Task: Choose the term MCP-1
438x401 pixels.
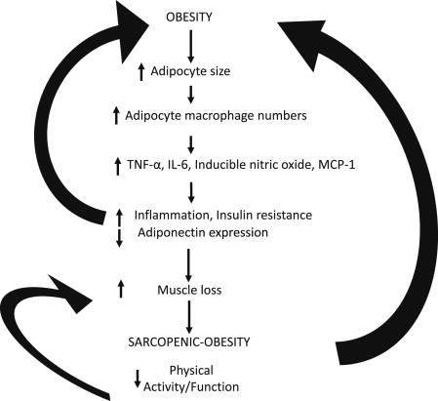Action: pyautogui.click(x=308, y=160)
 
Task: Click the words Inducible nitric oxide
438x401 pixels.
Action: pyautogui.click(x=232, y=160)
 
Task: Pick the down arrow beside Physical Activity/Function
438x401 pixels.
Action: pyautogui.click(x=139, y=380)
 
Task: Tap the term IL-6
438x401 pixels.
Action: pyautogui.click(x=179, y=160)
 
